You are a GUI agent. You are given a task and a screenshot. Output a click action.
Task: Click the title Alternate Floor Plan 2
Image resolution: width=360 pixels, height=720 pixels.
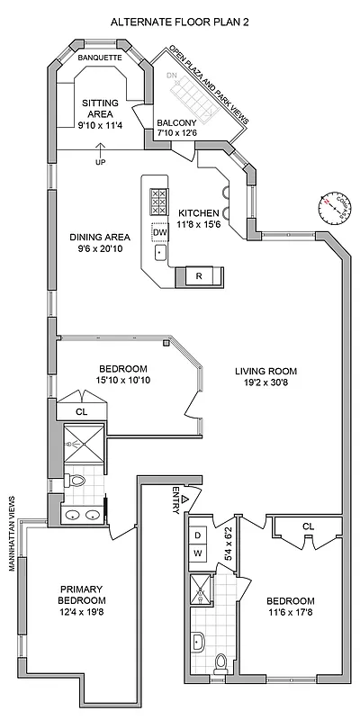pyautogui.click(x=180, y=19)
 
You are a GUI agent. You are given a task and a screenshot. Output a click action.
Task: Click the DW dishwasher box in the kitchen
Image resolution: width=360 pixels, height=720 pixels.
pyautogui.click(x=160, y=233)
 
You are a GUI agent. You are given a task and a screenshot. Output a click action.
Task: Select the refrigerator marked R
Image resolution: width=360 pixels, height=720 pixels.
pyautogui.click(x=199, y=275)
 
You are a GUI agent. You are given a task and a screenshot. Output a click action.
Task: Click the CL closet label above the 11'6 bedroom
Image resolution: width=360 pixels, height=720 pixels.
pyautogui.click(x=308, y=526)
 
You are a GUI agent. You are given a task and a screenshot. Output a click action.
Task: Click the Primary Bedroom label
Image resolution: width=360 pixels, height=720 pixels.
pyautogui.click(x=82, y=594)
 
